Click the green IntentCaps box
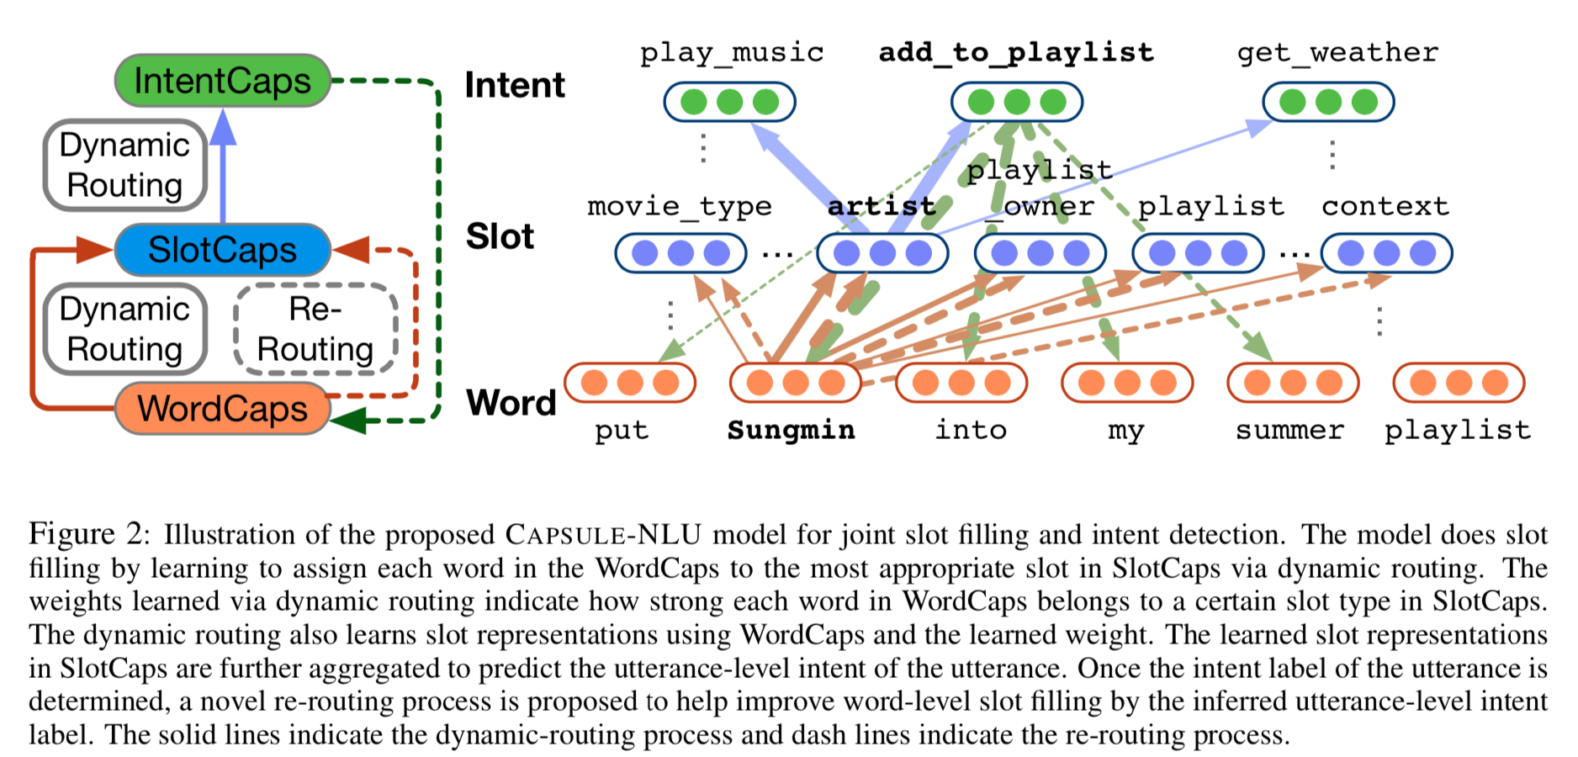tap(222, 81)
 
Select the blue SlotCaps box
tap(222, 250)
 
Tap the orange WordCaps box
tap(222, 409)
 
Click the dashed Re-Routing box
tap(315, 329)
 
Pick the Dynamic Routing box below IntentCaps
tap(124, 165)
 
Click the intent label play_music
tap(731, 53)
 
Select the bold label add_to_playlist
tap(1016, 53)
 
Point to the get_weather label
tap(1337, 53)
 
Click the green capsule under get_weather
tap(1328, 103)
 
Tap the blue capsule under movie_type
tap(680, 253)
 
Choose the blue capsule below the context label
tap(1386, 253)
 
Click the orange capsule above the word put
tap(630, 383)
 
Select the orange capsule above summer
tap(1293, 383)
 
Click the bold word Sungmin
tap(791, 431)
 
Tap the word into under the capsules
tap(971, 431)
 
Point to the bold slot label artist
tap(881, 206)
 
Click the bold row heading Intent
tap(515, 85)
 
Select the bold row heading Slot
tap(500, 236)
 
